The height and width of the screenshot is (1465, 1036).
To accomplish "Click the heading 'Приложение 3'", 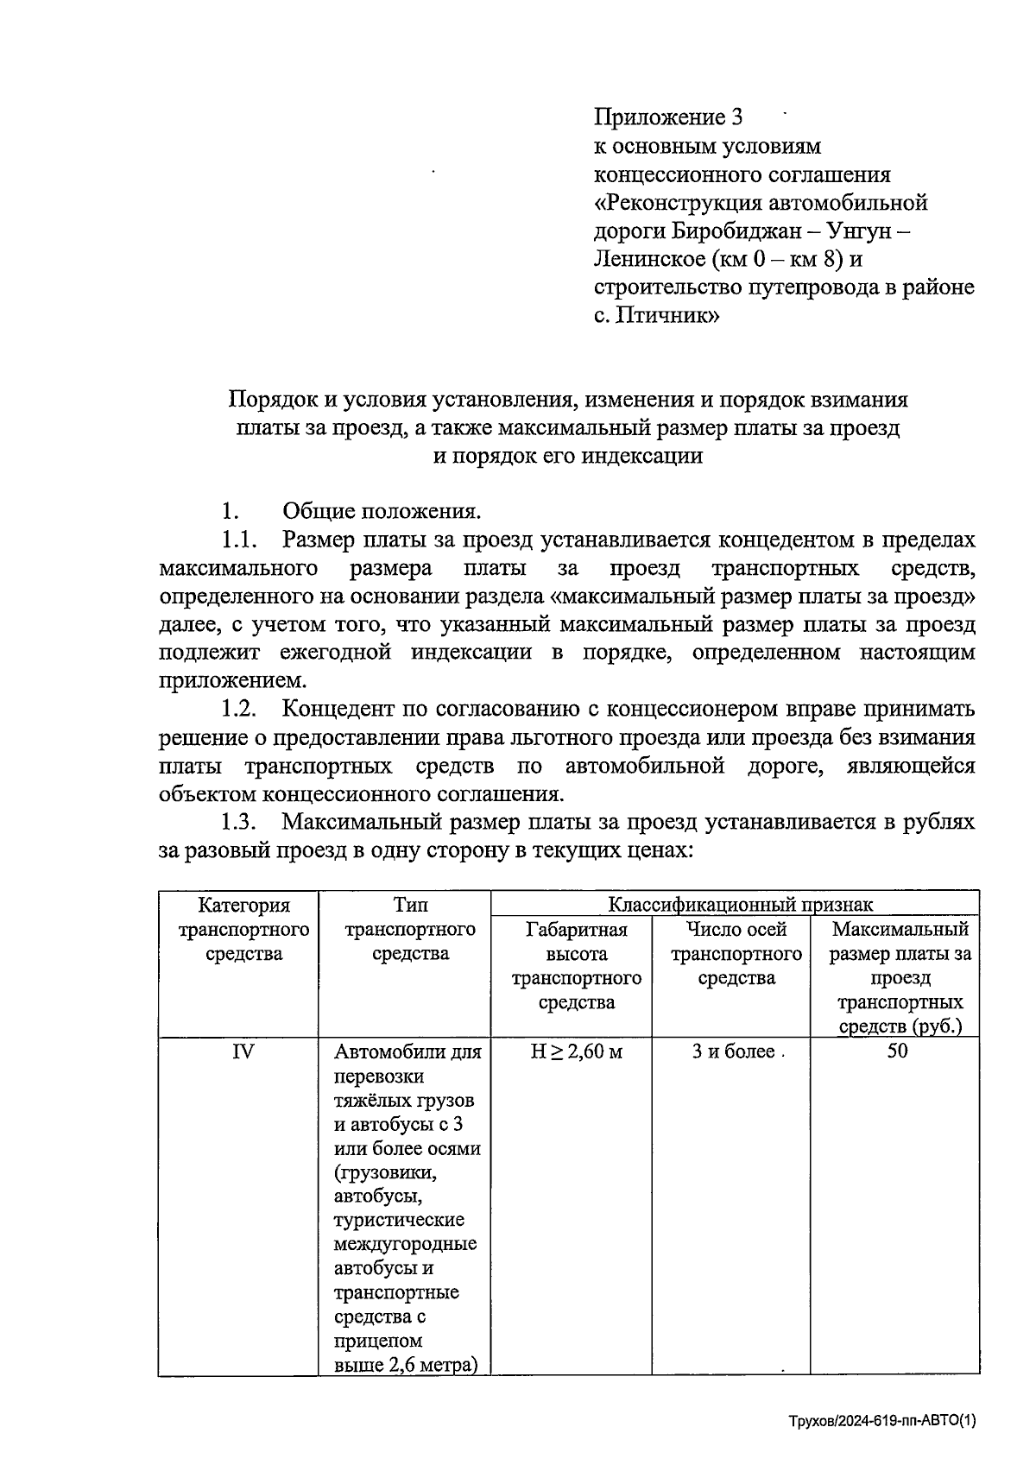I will [x=667, y=117].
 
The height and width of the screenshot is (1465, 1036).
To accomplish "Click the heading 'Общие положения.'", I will [x=382, y=512].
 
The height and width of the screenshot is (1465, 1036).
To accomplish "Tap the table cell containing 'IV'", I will [x=243, y=1051].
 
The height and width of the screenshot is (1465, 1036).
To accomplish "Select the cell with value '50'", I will [x=897, y=1051].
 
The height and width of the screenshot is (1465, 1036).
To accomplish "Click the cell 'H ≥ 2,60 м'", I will [x=576, y=1051].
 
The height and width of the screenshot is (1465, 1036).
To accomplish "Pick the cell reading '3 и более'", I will [x=734, y=1051].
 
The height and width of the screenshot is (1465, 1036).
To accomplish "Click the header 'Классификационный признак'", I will [x=740, y=905].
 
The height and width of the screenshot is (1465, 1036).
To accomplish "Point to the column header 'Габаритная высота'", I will [x=576, y=942].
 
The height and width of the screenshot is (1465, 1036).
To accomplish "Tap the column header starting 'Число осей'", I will [x=736, y=930].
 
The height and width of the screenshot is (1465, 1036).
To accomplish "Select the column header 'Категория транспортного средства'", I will [x=243, y=930].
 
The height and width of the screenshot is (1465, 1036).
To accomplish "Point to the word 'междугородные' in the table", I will [x=405, y=1245].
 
